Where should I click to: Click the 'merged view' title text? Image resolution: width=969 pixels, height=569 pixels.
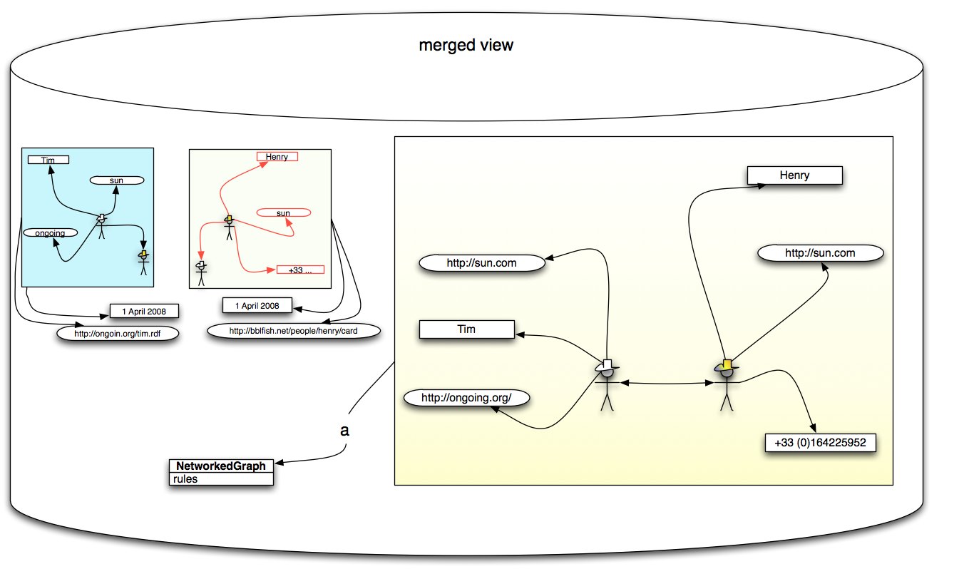(466, 46)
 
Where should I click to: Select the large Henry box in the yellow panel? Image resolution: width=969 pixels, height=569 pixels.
(794, 175)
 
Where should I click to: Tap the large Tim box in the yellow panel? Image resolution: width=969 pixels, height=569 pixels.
(466, 329)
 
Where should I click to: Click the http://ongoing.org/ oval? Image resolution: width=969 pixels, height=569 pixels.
(466, 397)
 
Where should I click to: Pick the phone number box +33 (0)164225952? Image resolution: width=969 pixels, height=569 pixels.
(819, 443)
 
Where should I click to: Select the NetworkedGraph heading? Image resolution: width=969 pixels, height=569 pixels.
(221, 466)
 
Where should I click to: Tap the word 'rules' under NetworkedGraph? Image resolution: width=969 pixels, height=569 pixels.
(185, 479)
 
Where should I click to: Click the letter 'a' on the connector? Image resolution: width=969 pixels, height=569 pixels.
(345, 431)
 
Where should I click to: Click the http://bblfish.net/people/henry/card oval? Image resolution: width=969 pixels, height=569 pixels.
(293, 331)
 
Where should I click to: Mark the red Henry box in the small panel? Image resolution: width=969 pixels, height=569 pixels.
(277, 157)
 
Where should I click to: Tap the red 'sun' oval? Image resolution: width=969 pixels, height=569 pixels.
(283, 212)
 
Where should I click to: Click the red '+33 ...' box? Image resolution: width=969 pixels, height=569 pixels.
(300, 270)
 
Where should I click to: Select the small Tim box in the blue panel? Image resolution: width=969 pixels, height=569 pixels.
(48, 160)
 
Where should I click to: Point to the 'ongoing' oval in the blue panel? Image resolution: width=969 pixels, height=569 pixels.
(50, 232)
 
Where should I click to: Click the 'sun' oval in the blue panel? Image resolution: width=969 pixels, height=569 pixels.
(117, 180)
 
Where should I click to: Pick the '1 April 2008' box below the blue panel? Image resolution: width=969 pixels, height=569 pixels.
(143, 311)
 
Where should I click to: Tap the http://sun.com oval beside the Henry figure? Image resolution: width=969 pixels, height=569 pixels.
(820, 253)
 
